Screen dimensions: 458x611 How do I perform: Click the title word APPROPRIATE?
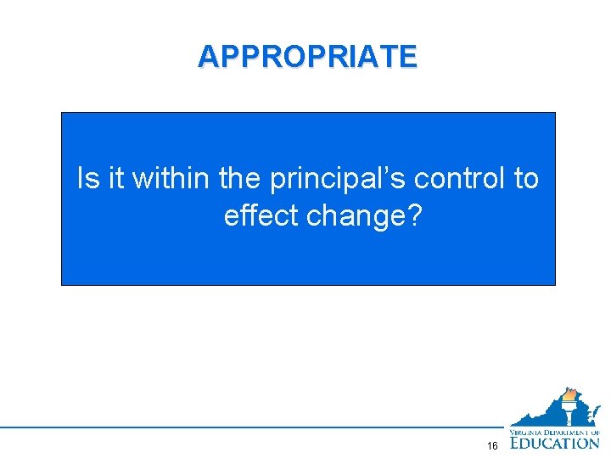[307, 56]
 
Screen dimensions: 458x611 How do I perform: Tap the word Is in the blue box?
[87, 179]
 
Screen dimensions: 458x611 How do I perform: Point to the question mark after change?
[413, 216]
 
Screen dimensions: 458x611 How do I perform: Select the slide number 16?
[493, 446]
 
